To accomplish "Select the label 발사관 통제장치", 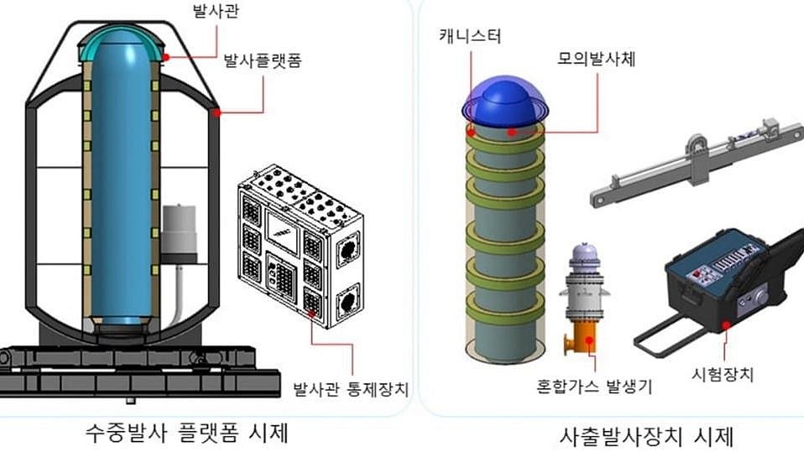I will tap(349, 390).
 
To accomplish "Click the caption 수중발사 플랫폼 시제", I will tap(188, 434).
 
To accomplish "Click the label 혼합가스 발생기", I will tap(594, 387).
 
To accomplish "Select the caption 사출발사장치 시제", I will tap(647, 436).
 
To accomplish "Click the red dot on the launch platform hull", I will tap(217, 111).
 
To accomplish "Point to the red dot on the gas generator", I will tap(592, 339).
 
